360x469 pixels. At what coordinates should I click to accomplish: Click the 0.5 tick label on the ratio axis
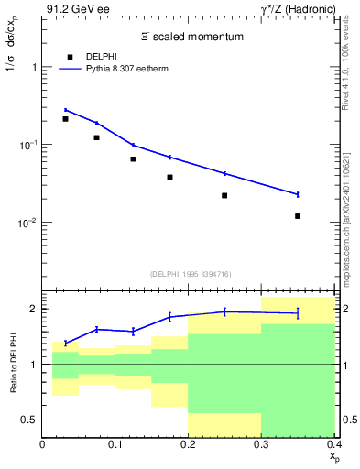(28, 420)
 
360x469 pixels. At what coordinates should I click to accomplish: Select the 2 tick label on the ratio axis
(34, 309)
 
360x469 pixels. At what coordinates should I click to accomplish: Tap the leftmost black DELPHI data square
(65, 119)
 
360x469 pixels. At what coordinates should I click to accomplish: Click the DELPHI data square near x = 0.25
(224, 195)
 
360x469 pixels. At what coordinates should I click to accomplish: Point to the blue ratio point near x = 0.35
(298, 313)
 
